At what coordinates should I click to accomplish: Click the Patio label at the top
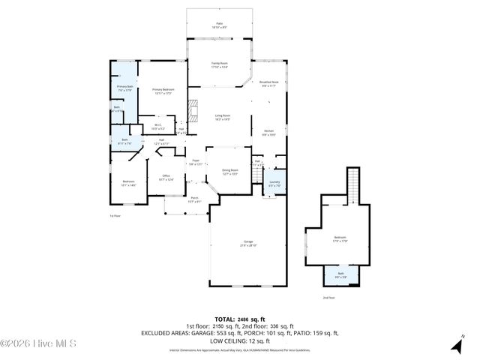220,25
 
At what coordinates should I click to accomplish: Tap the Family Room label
219,65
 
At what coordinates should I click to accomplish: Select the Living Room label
222,117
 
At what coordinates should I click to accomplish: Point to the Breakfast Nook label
269,83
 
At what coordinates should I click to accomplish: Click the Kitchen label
268,133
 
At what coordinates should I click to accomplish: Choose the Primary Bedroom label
163,91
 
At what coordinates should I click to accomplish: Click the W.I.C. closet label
158,126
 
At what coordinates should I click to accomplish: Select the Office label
166,177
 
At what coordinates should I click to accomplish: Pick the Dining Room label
229,172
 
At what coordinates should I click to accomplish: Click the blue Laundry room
274,184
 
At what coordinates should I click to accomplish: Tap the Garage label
248,244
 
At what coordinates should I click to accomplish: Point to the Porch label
193,199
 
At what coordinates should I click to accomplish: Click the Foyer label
194,162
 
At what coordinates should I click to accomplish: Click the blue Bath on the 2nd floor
341,277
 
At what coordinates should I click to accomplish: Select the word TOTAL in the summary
225,319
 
